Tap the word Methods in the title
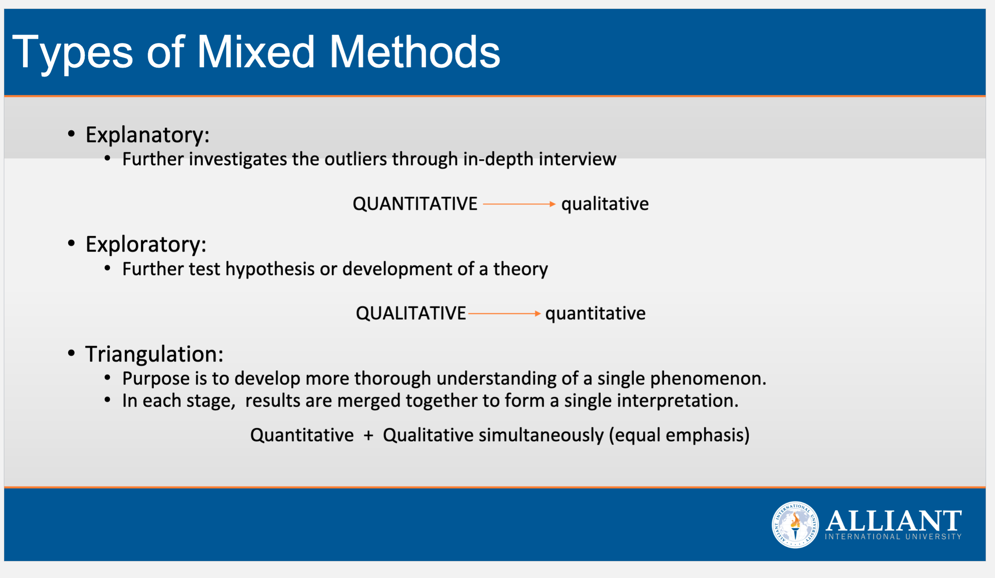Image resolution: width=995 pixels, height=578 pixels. tap(415, 52)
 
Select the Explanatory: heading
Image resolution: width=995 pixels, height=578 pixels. tap(147, 135)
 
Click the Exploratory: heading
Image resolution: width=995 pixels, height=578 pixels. tap(146, 245)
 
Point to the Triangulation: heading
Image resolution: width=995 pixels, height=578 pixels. tap(154, 354)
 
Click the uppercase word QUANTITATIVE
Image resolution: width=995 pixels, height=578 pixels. tap(415, 204)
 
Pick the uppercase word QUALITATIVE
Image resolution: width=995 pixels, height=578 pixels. tap(411, 313)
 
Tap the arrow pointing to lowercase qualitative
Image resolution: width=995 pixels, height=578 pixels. tap(519, 204)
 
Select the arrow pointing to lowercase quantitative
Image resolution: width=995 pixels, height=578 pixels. tap(505, 314)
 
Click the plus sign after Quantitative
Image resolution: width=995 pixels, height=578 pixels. tap(368, 435)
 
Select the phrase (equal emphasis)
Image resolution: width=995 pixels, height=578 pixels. tap(679, 435)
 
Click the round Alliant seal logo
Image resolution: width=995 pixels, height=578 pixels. tap(795, 525)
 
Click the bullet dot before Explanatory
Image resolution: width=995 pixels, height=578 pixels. tap(72, 134)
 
